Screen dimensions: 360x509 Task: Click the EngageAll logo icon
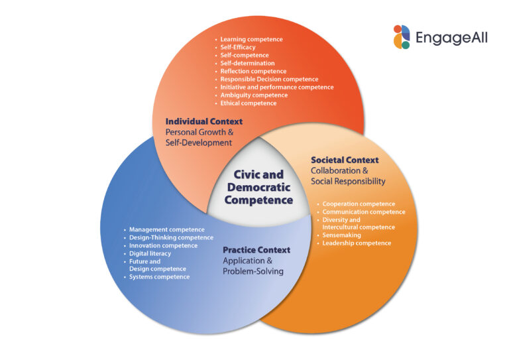[x=402, y=36]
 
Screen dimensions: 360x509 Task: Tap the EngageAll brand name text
[x=451, y=38]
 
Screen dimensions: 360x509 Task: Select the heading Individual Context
[x=203, y=121]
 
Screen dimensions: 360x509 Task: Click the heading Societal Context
[x=345, y=160]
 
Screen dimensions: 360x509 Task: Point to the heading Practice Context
[x=256, y=250]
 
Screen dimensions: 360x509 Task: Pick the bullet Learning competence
[x=251, y=39]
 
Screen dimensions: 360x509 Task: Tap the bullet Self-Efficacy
[x=238, y=47]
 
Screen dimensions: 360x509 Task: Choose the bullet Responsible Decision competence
[x=269, y=79]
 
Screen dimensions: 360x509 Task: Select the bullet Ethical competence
[x=249, y=103]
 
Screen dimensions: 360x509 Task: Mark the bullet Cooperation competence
[x=359, y=204]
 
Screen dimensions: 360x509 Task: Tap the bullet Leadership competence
[x=357, y=243]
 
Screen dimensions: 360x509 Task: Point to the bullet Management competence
[x=167, y=229]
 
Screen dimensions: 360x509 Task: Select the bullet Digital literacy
[x=150, y=253]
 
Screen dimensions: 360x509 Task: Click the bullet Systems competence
[x=159, y=276]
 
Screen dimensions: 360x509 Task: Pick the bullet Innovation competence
[x=163, y=245]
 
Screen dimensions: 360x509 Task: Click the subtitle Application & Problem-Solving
[x=253, y=266]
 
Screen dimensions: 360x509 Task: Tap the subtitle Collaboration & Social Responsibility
[x=348, y=176]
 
